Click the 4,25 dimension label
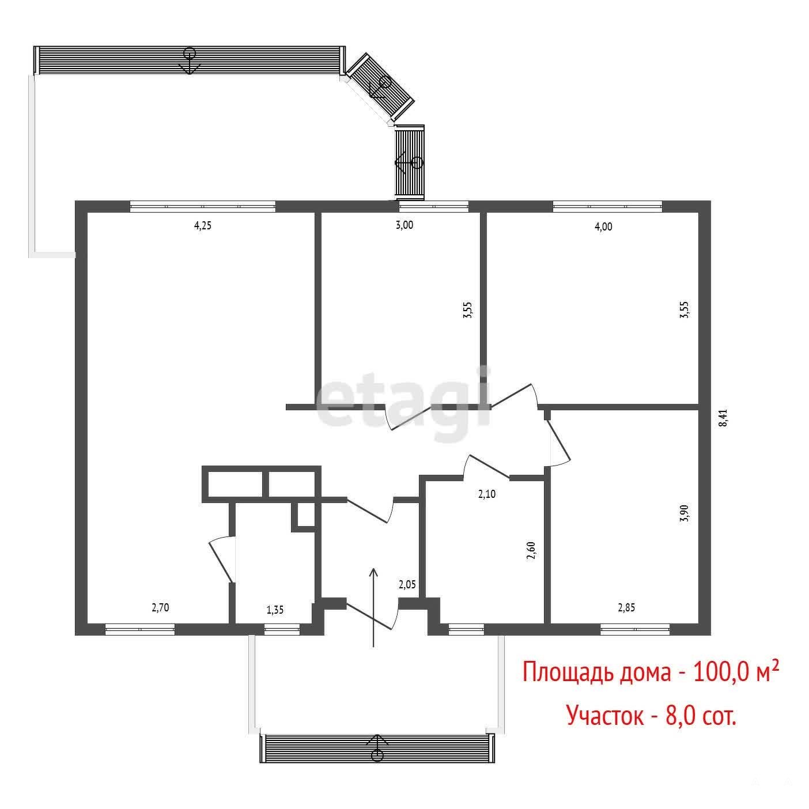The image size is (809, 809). (x=203, y=226)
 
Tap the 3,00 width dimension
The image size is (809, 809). (x=404, y=225)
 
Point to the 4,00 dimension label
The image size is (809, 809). (x=603, y=226)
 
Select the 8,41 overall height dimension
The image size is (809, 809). (x=723, y=418)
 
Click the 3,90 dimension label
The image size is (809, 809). (x=685, y=513)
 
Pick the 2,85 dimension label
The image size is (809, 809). (x=626, y=607)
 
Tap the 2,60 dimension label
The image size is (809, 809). (x=532, y=550)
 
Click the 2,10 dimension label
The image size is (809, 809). (x=486, y=494)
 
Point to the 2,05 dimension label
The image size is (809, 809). (x=407, y=584)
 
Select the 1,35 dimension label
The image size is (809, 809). (x=275, y=610)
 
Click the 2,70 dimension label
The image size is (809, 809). (x=160, y=607)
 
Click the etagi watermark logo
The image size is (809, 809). (x=403, y=404)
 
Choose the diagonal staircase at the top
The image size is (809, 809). (x=380, y=87)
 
